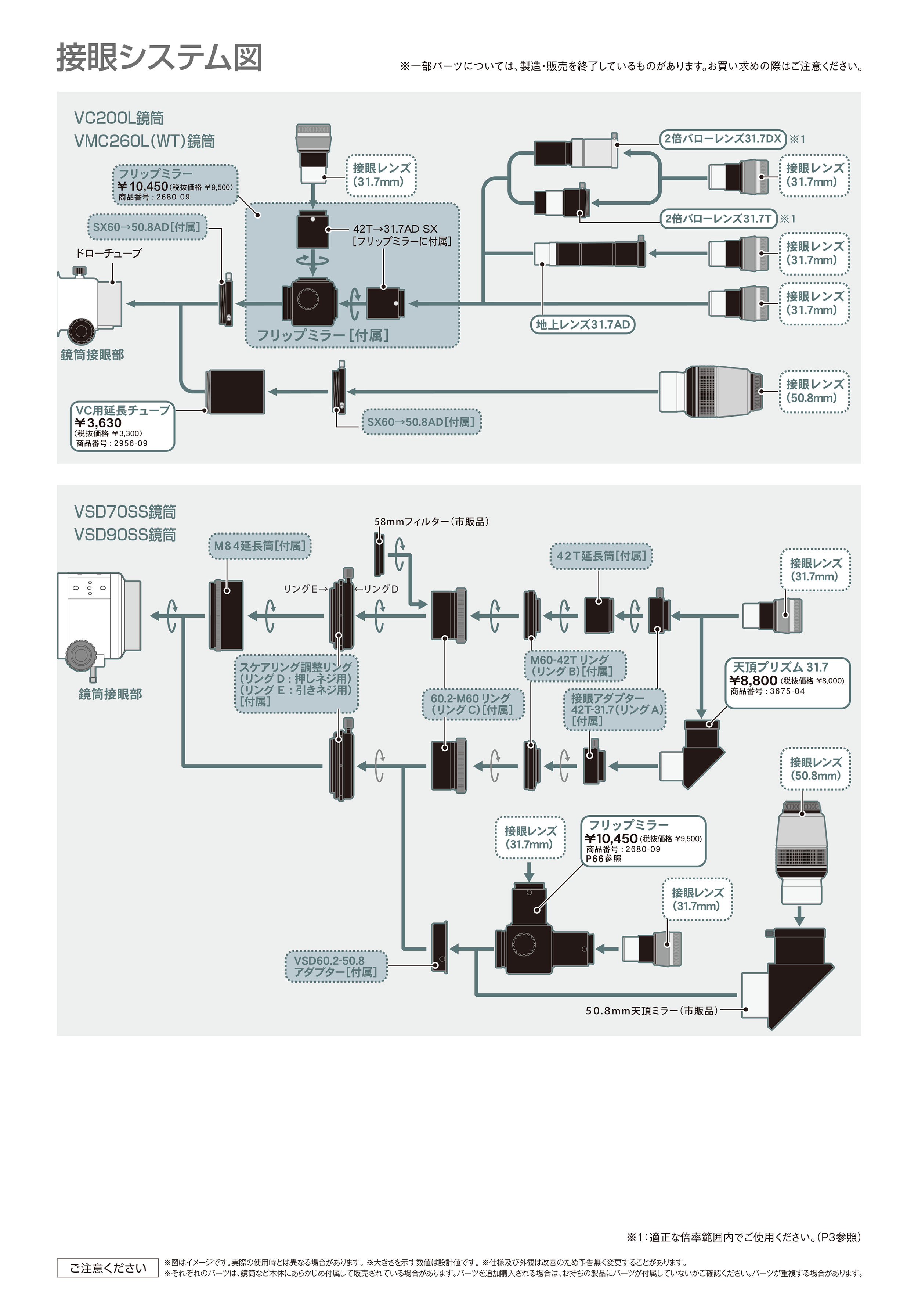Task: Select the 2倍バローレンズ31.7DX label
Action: pyautogui.click(x=722, y=138)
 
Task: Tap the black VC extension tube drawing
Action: pyautogui.click(x=235, y=392)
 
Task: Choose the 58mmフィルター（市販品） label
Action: pyautogui.click(x=431, y=522)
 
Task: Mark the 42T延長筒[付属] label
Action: pyautogui.click(x=601, y=556)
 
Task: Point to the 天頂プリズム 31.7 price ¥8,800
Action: pyautogui.click(x=753, y=681)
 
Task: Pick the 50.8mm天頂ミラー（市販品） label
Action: pyautogui.click(x=651, y=1011)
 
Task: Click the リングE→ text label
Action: pyautogui.click(x=306, y=589)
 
